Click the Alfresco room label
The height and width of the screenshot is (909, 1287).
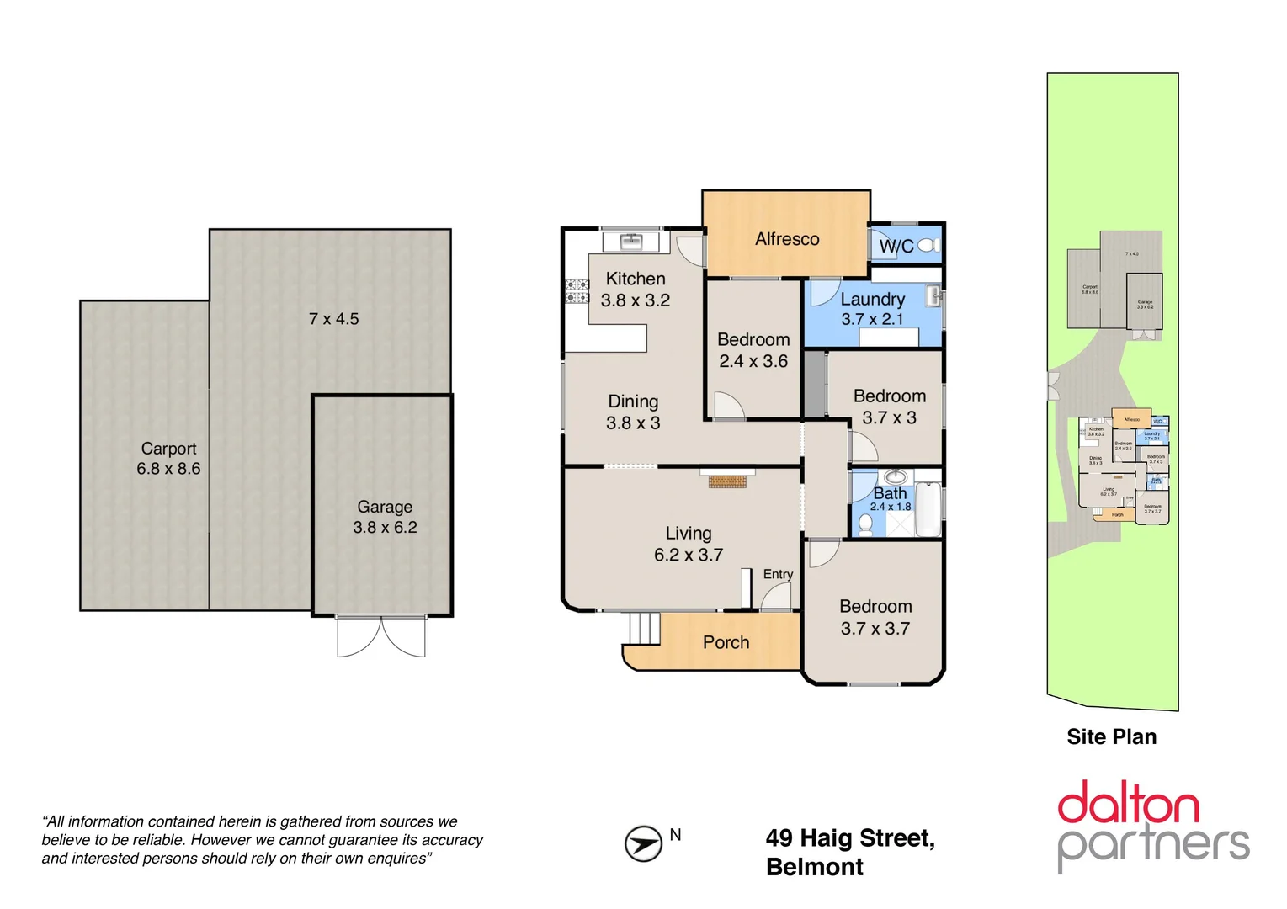786,239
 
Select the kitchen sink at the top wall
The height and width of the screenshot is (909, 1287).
631,242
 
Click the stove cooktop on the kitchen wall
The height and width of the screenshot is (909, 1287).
577,291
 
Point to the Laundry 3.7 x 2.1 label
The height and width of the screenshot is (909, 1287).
872,309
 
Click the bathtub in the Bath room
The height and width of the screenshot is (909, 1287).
928,508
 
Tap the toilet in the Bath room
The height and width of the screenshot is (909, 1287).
865,524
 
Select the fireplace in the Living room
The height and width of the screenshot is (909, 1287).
727,481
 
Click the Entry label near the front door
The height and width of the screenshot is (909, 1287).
778,574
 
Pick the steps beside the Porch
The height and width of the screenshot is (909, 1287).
645,628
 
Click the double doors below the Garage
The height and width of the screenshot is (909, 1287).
381,636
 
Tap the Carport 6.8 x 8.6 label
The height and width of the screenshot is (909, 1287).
168,459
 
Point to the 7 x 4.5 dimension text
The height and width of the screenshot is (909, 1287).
333,319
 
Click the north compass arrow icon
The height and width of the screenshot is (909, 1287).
643,843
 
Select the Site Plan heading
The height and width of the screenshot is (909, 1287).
1111,737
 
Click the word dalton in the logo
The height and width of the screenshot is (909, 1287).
1128,804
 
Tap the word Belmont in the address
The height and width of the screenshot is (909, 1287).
814,867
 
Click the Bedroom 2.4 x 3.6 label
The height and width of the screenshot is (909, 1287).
753,350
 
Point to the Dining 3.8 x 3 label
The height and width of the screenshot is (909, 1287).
633,412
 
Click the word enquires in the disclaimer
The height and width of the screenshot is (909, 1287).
396,858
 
